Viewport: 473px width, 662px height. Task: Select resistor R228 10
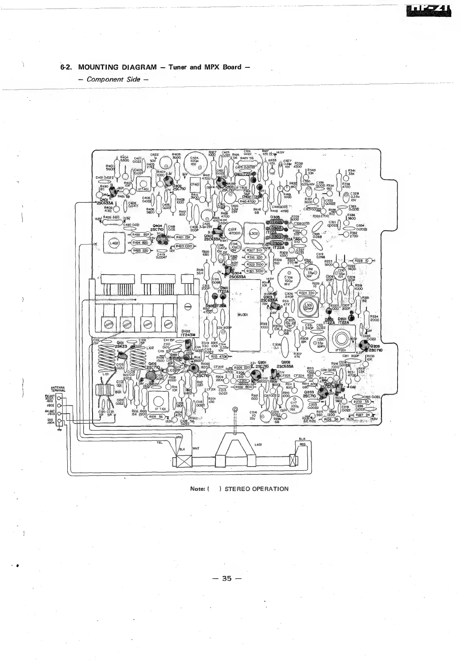tap(361, 261)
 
